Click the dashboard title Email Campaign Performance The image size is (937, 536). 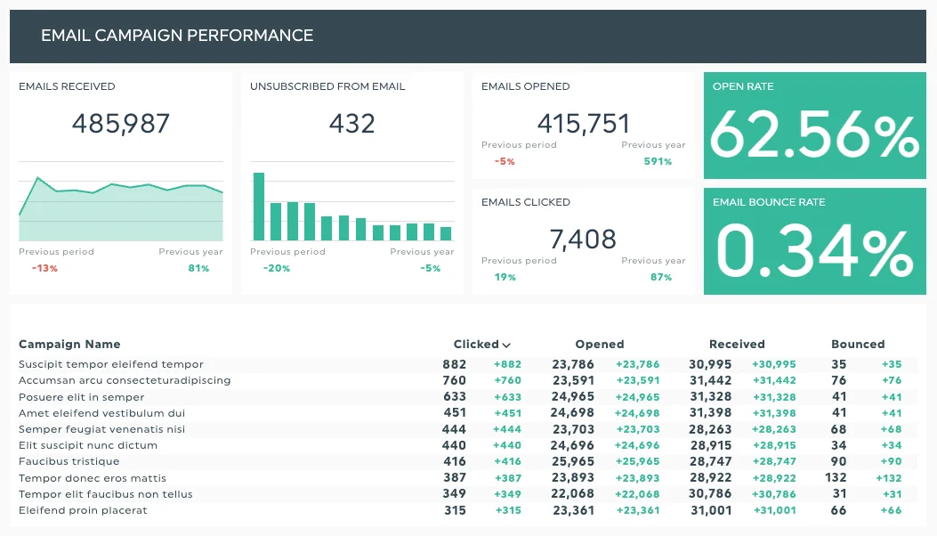(x=177, y=36)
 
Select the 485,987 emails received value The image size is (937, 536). (x=121, y=124)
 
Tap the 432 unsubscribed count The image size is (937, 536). (x=351, y=124)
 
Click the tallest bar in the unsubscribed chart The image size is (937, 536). (x=259, y=207)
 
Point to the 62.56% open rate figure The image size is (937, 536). (x=814, y=136)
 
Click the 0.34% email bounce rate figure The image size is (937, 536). (x=814, y=252)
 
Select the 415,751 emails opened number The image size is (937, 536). (x=584, y=124)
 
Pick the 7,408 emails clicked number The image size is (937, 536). (x=583, y=240)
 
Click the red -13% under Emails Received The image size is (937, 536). (x=44, y=268)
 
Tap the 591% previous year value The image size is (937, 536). (x=658, y=161)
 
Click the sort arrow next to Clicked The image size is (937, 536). (x=506, y=345)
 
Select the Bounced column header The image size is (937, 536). (x=858, y=345)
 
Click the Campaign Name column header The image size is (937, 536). (x=69, y=345)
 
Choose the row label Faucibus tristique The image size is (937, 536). (x=69, y=462)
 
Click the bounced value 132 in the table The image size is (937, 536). (x=836, y=478)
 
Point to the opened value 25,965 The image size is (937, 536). (x=573, y=462)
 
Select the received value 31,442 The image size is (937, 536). (x=710, y=380)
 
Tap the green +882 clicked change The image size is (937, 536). (x=507, y=364)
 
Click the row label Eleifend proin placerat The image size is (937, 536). (x=83, y=510)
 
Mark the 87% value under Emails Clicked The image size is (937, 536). (x=661, y=277)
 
